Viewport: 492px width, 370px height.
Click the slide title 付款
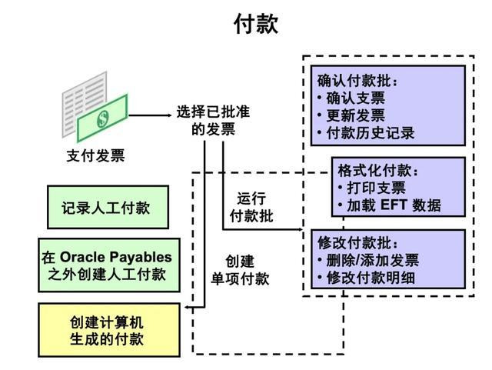point(256,25)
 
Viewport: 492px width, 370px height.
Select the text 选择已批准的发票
point(213,120)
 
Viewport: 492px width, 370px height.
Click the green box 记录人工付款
point(107,208)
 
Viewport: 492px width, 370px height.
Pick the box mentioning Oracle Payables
point(107,265)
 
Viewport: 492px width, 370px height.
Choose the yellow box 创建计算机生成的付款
point(107,330)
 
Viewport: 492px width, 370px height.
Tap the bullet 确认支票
point(355,98)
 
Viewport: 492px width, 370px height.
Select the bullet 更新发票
point(355,115)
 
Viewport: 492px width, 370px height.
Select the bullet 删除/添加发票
point(372,260)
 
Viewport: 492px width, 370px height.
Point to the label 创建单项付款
point(240,269)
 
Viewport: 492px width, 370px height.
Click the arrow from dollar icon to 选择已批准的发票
point(149,115)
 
